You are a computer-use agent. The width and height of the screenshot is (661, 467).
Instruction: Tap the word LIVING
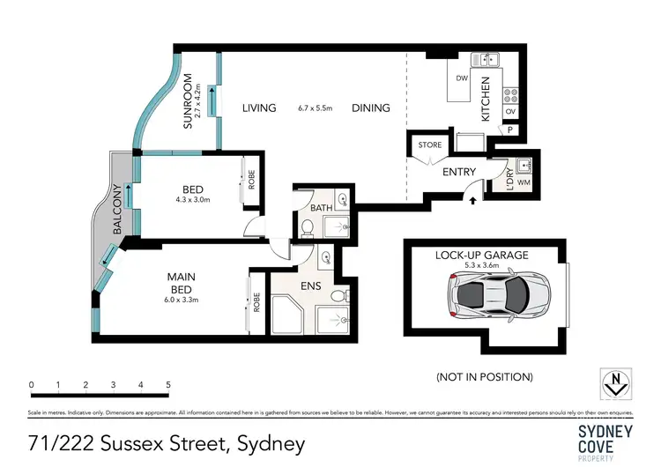click(259, 108)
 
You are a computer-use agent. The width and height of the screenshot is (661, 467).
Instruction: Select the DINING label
click(370, 108)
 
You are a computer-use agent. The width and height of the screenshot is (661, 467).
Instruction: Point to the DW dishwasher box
click(461, 79)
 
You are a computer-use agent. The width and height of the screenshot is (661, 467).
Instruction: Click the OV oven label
click(510, 113)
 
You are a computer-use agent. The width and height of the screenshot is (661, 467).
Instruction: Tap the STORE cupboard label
click(430, 145)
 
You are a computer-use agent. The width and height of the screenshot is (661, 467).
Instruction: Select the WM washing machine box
click(524, 182)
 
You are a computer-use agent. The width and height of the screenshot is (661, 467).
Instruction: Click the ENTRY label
click(457, 172)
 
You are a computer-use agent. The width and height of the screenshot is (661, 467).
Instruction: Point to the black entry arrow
click(473, 200)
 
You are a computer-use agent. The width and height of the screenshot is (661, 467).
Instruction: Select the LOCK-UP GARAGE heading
click(481, 255)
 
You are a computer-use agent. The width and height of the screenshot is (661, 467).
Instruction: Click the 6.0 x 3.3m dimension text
click(181, 300)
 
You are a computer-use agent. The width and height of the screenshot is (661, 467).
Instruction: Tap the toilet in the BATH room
click(308, 227)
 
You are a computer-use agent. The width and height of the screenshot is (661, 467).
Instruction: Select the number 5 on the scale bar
click(167, 385)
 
